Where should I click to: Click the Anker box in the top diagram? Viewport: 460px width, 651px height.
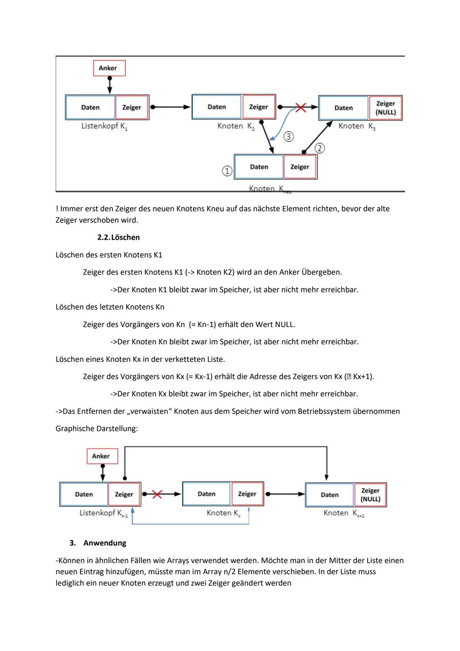109,68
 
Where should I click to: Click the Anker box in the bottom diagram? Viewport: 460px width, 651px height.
101,456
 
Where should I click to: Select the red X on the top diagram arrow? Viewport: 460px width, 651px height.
301,107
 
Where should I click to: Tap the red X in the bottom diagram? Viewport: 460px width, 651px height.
157,494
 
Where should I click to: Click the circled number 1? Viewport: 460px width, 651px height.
227,171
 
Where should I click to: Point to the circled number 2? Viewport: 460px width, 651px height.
319,148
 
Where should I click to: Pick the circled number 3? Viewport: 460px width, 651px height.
288,136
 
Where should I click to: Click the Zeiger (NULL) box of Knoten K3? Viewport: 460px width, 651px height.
385,108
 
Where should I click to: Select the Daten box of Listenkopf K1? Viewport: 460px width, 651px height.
90,107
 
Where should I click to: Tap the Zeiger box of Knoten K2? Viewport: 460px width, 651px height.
259,107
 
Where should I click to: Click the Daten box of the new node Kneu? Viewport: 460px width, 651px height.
259,167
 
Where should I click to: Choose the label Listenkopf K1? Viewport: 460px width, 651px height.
104,127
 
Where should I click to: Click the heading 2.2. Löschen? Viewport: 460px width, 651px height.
118,237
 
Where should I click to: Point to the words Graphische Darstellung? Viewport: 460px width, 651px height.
97,429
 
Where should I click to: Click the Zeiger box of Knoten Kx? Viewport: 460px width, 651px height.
247,494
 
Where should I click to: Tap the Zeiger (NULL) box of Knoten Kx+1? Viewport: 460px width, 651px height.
370,495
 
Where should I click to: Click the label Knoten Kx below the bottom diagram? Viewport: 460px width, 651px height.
223,513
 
